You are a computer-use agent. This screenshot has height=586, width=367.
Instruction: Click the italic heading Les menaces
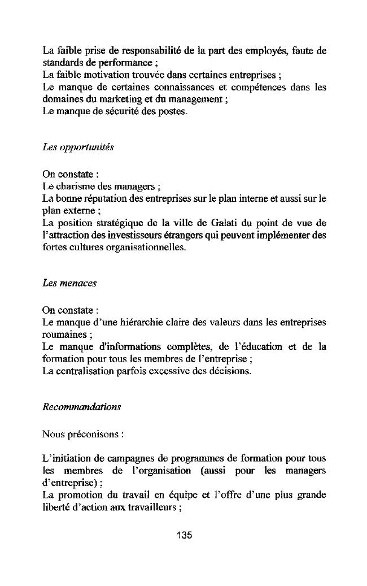tap(69, 283)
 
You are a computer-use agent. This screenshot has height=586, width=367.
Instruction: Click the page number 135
tap(184, 535)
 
